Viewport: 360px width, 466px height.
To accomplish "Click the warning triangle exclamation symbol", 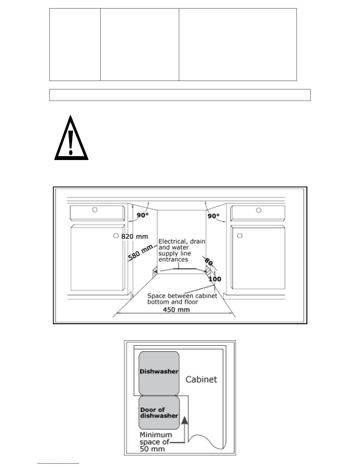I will click(x=71, y=138).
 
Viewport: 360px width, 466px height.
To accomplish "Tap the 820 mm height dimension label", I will click(x=135, y=237).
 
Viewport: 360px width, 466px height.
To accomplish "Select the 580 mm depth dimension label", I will click(x=140, y=253).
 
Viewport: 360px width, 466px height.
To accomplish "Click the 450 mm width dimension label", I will click(x=176, y=309).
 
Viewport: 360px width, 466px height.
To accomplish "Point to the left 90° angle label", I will click(x=142, y=215).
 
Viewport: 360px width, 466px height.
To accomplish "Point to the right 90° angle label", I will click(x=214, y=216).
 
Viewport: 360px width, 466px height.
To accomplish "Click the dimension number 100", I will click(x=215, y=279).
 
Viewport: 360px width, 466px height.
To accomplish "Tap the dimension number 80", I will click(x=209, y=262).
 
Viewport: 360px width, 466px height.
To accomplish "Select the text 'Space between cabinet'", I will click(x=182, y=296).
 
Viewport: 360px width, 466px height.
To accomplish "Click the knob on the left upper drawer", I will click(x=95, y=210).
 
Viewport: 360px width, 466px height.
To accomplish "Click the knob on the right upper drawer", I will click(x=259, y=210).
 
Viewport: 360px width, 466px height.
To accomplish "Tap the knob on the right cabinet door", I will click(x=240, y=236).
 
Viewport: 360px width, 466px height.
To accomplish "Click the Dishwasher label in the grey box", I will click(x=159, y=372).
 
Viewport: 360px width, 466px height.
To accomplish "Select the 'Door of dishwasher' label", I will click(x=159, y=413).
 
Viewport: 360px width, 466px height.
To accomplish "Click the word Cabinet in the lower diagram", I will click(x=201, y=380).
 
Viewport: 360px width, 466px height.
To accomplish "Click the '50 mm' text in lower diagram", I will click(x=152, y=449).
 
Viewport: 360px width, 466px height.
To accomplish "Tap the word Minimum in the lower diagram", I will click(x=156, y=435).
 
